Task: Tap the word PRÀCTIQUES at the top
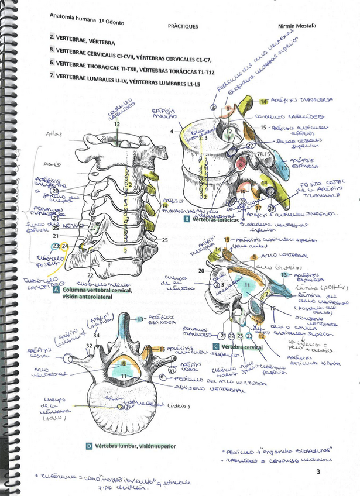[x=183, y=26]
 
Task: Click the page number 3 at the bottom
[x=318, y=471]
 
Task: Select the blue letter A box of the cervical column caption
[x=56, y=290]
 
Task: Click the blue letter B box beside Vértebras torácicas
[x=186, y=219]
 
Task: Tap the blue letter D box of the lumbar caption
[x=89, y=446]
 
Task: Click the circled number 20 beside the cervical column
[x=56, y=191]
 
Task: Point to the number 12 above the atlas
[x=118, y=125]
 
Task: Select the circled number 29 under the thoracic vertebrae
[x=271, y=208]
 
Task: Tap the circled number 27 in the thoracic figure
[x=250, y=146]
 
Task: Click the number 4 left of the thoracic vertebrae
[x=172, y=132]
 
